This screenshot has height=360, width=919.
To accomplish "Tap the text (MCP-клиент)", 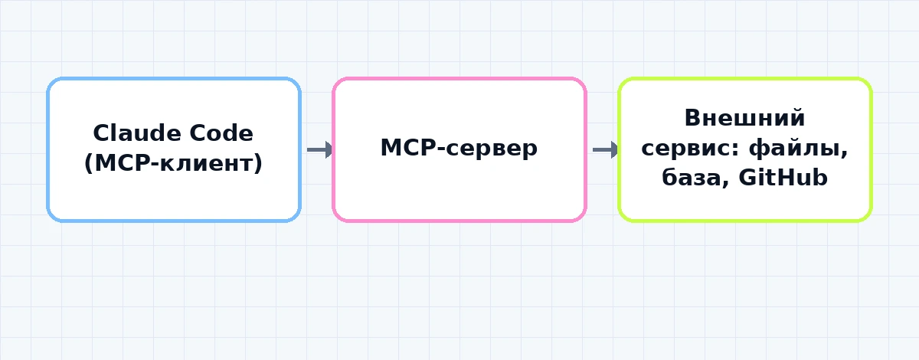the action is [x=173, y=163].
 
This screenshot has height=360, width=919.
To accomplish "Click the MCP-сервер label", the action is [x=459, y=148].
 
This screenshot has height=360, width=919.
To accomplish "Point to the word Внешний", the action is [x=744, y=118].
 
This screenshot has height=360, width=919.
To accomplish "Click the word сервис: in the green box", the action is [x=691, y=149].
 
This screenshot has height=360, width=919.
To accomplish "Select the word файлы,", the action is [x=798, y=149].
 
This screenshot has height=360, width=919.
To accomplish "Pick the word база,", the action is [x=696, y=178].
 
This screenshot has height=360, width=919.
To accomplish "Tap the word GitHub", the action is [x=783, y=178].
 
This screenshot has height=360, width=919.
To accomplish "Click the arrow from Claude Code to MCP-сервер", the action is [x=320, y=150].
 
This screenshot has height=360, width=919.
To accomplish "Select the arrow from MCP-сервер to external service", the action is [x=606, y=150].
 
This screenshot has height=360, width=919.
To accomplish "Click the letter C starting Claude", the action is [x=101, y=133].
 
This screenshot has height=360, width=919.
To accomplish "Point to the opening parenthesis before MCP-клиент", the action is [x=89, y=163].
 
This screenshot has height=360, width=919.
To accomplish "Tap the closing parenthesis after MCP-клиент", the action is [x=257, y=163].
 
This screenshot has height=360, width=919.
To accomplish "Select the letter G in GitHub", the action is [x=748, y=178].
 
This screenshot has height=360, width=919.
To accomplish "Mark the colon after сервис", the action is [x=737, y=149].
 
